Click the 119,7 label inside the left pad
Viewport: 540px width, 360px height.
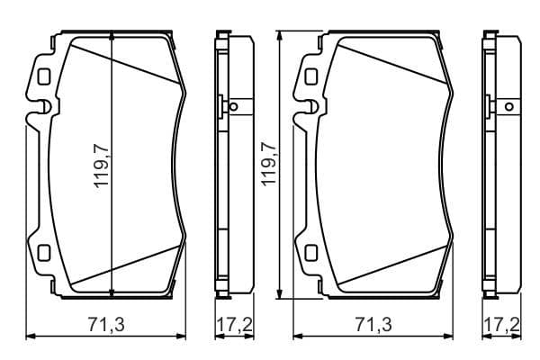coord(101,166)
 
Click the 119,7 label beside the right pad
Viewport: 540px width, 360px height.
coord(269,165)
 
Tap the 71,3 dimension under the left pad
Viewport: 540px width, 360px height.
coord(106,324)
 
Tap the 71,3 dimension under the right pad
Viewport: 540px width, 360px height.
coord(373,324)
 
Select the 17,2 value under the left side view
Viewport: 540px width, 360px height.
coord(235,324)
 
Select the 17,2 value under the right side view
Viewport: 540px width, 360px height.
coord(502,324)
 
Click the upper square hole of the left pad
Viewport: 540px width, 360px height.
coord(44,76)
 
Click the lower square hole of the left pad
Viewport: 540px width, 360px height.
coord(44,253)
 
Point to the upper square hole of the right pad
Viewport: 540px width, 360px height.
coord(311,76)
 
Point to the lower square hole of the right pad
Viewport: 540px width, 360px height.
coord(311,253)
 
